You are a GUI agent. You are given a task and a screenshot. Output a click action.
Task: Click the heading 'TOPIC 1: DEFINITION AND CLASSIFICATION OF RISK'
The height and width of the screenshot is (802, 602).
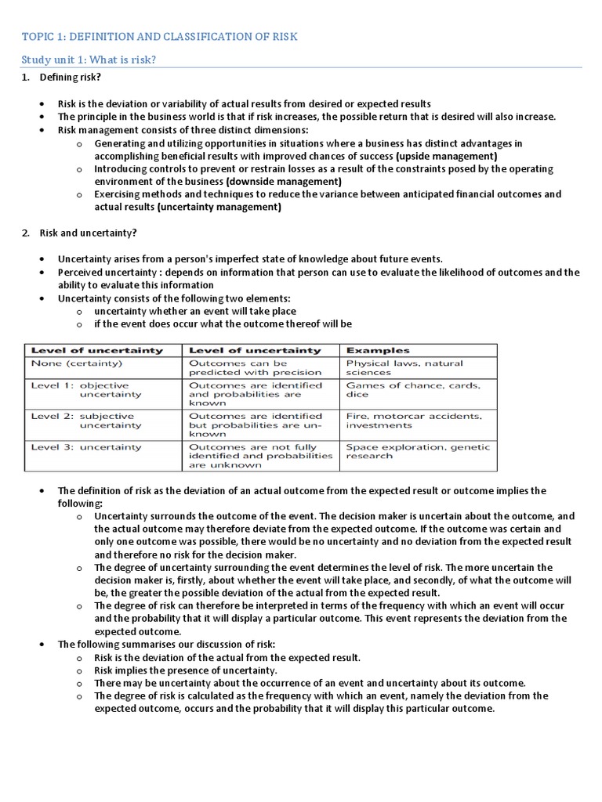(159, 37)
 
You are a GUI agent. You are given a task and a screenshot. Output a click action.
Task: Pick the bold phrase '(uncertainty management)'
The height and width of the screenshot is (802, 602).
(219, 208)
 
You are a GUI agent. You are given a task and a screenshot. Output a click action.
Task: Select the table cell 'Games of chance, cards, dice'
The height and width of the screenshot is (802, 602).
(413, 390)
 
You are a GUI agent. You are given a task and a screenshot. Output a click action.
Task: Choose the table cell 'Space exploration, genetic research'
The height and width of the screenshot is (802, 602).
(417, 452)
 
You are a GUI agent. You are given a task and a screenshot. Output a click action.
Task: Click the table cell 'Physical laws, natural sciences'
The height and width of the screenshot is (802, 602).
(404, 368)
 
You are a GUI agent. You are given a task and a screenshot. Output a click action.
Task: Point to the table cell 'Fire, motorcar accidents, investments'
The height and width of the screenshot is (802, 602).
(414, 421)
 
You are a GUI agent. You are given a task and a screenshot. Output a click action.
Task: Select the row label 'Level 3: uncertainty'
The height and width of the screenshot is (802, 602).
(86, 447)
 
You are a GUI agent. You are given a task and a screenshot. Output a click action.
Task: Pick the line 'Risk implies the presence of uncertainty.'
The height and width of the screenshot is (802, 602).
(186, 670)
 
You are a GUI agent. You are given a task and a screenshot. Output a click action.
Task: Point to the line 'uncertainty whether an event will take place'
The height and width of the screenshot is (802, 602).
(195, 311)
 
